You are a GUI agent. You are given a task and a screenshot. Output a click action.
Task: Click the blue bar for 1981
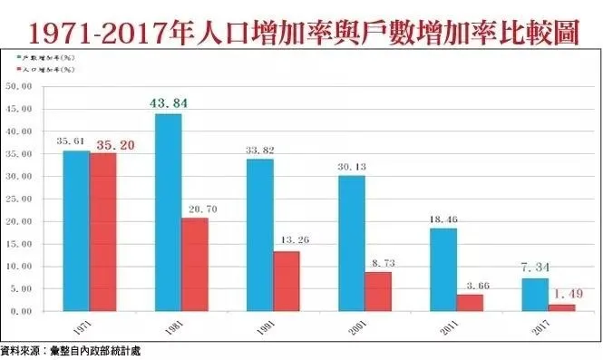pyautogui.click(x=168, y=212)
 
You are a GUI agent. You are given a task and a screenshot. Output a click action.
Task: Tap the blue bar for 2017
pyautogui.click(x=536, y=295)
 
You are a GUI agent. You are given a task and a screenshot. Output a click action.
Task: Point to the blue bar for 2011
pyautogui.click(x=443, y=269)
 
